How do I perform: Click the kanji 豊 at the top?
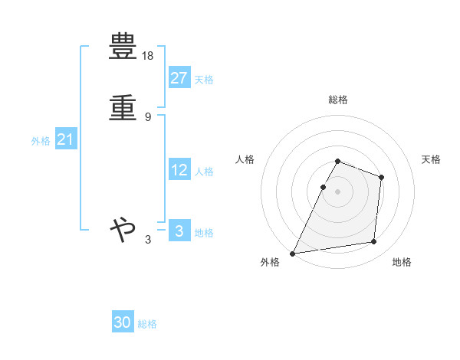click(x=123, y=47)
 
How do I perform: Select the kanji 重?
click(x=123, y=106)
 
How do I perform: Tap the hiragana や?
click(x=123, y=228)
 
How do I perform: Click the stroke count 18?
click(x=149, y=57)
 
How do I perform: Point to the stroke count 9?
click(x=148, y=116)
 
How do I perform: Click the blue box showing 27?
click(x=179, y=78)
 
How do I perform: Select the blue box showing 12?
click(x=179, y=170)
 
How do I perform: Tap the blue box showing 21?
click(x=65, y=140)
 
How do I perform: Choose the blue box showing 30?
click(x=123, y=322)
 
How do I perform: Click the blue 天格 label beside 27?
click(x=204, y=80)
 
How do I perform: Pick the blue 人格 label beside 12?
click(x=204, y=172)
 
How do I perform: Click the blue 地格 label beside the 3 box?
click(x=204, y=233)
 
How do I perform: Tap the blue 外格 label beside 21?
click(x=40, y=141)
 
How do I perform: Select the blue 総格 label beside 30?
click(x=147, y=324)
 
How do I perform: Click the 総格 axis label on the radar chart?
click(x=338, y=100)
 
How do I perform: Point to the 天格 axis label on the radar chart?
click(x=432, y=159)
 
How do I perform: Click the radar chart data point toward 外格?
click(x=293, y=254)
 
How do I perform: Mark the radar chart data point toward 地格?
click(x=374, y=242)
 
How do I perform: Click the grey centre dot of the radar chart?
click(x=338, y=191)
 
